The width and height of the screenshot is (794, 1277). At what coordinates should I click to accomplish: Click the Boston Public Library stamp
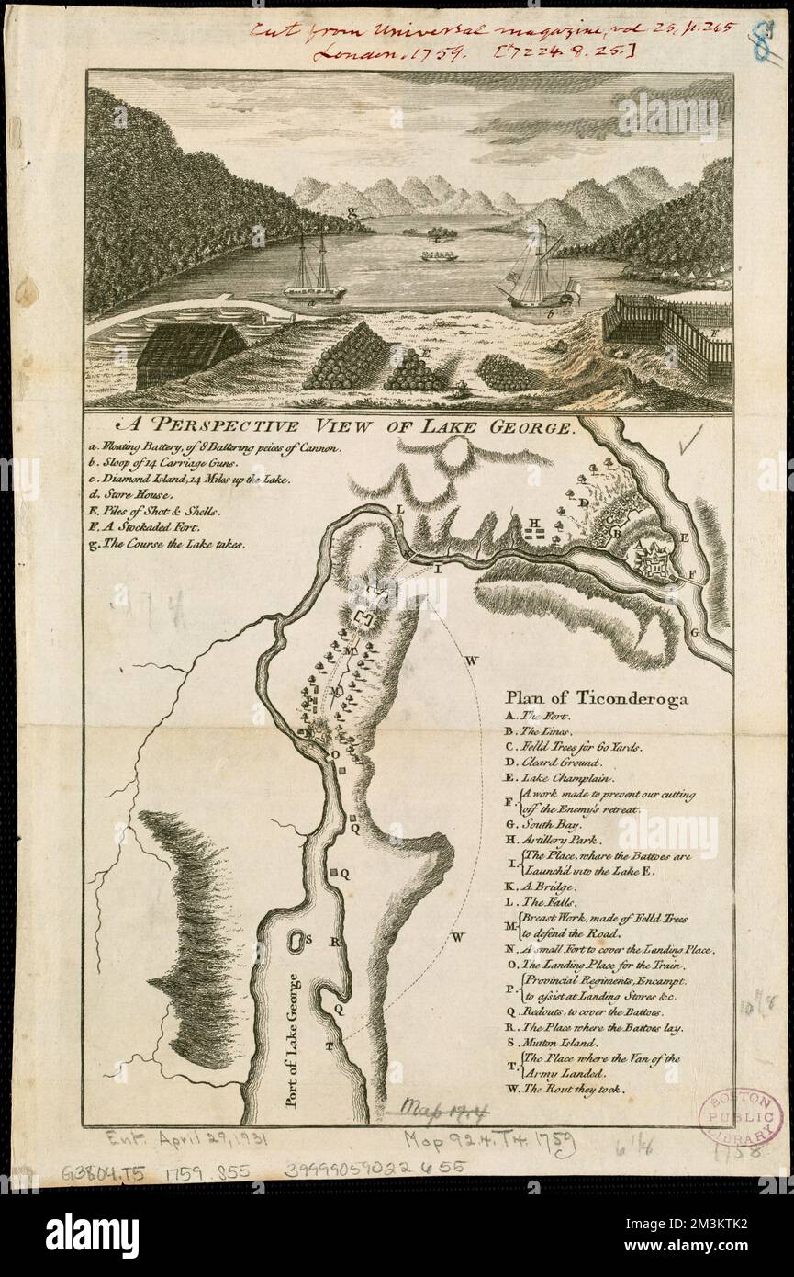pos(740,1117)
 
